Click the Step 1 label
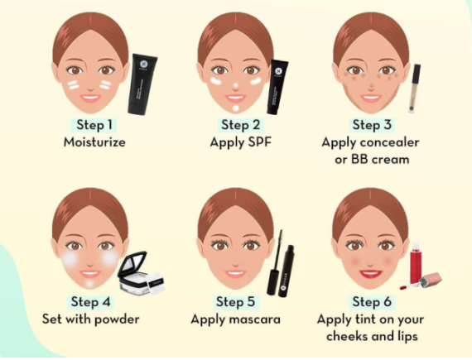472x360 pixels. (94, 125)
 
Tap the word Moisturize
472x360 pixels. (94, 142)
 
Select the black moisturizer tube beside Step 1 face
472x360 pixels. (142, 84)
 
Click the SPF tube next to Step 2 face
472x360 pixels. (277, 87)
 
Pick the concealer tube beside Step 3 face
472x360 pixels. (415, 88)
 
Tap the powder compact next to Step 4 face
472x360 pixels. (141, 273)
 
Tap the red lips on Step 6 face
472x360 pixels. (371, 274)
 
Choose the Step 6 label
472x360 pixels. (372, 301)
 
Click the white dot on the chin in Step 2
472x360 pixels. (236, 108)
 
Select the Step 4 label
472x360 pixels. (90, 301)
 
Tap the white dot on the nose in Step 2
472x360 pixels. (236, 86)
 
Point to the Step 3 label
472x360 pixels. (372, 125)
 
